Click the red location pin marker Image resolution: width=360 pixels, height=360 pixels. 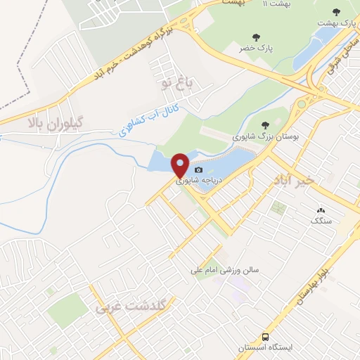pyautogui.click(x=181, y=164)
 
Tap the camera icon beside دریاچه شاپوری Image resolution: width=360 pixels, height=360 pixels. pyautogui.click(x=199, y=169)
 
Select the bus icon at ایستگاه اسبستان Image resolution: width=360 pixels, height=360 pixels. pyautogui.click(x=266, y=337)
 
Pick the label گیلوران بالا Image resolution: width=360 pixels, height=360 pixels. pyautogui.click(x=56, y=122)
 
